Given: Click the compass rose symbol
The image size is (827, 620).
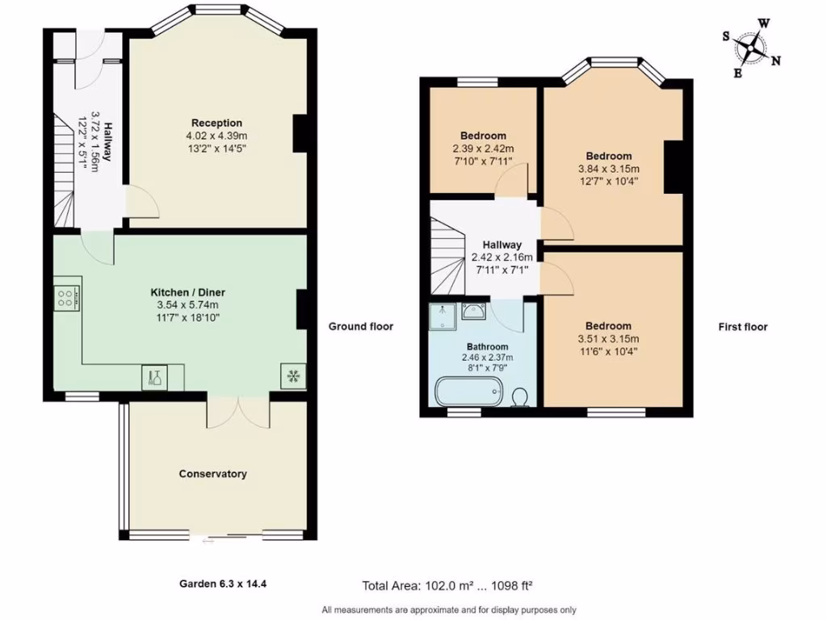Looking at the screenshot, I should [x=751, y=48].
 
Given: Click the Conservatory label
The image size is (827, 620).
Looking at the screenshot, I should [x=212, y=474].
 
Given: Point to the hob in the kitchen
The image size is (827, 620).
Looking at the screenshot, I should [x=66, y=298].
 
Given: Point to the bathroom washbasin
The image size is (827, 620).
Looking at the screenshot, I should [x=473, y=313].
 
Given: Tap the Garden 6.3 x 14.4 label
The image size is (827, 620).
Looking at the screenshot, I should [x=222, y=583].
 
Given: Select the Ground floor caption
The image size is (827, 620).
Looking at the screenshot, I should [x=360, y=327].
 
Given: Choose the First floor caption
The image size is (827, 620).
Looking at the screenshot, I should [x=743, y=327].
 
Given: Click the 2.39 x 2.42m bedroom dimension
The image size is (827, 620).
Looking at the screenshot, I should [x=483, y=149].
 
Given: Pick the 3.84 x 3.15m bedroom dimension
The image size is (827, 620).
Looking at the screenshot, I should [x=608, y=169].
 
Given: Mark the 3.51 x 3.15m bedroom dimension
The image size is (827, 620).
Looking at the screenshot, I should [x=608, y=339].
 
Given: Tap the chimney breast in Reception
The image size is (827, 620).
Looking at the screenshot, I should [x=300, y=133].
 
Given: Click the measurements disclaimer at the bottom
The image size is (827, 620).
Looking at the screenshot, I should [x=449, y=610].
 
